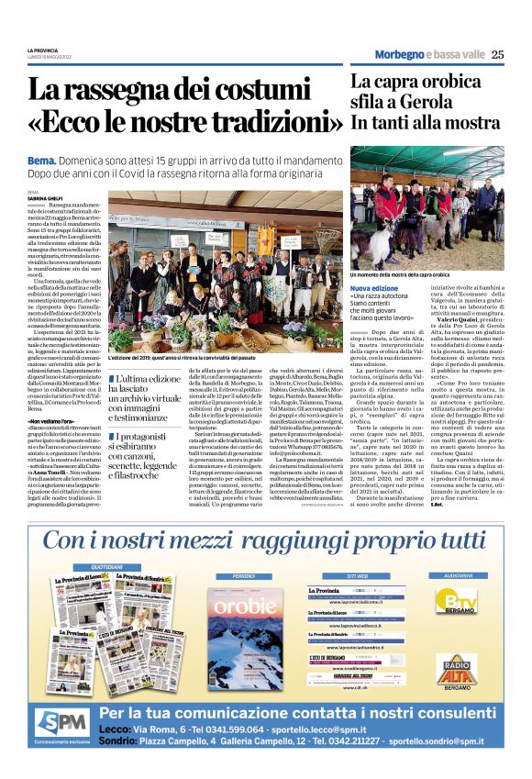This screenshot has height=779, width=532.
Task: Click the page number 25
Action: [497, 54]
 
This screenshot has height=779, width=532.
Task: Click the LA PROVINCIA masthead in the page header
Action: [42, 50]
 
